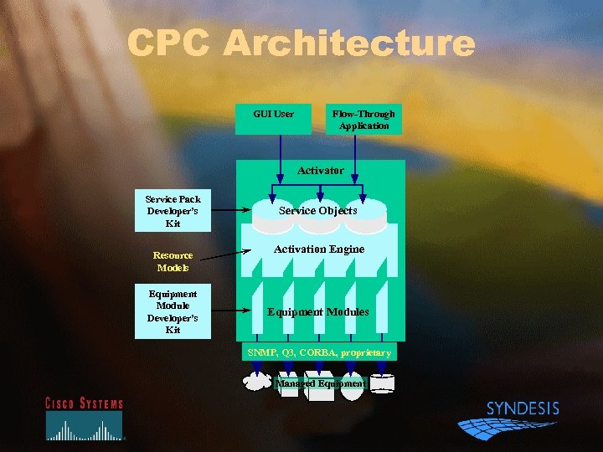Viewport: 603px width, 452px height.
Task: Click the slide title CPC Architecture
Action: pos(301,44)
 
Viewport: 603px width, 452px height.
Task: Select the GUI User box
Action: pos(274,119)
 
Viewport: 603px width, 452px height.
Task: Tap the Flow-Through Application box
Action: pos(363,119)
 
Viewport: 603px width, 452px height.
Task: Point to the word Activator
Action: pos(320,170)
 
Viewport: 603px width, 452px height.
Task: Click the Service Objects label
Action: pos(318,211)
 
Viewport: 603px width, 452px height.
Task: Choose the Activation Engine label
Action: pos(319,249)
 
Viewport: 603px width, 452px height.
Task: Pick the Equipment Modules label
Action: pos(317,311)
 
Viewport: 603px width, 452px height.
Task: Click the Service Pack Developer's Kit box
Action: pos(173,211)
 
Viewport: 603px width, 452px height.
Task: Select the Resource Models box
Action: pos(173,261)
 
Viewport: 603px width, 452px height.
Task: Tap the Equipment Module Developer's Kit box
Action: pos(173,311)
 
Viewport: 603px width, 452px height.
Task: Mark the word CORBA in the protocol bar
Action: pos(318,352)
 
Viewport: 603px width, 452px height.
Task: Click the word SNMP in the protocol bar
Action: pos(260,352)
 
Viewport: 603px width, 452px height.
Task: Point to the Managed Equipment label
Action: pos(321,383)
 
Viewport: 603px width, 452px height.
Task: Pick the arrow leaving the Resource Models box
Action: pos(226,254)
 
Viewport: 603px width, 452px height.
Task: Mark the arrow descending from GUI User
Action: pos(273,172)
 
